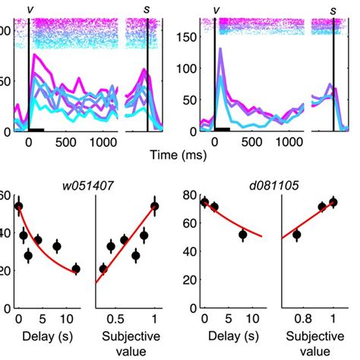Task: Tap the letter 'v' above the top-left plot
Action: (x=30, y=9)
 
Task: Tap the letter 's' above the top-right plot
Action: (x=333, y=9)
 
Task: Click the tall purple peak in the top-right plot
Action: (x=219, y=50)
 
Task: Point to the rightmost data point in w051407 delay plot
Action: (x=76, y=269)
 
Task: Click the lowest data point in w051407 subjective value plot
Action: (x=103, y=269)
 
